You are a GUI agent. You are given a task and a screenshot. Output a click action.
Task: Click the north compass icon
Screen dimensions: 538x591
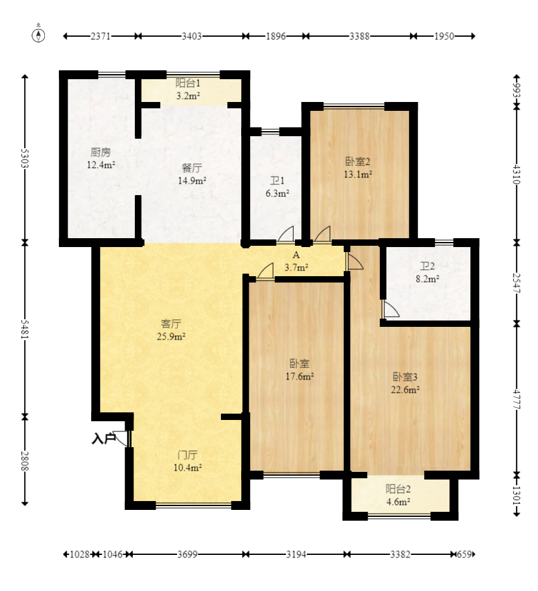pyautogui.click(x=39, y=34)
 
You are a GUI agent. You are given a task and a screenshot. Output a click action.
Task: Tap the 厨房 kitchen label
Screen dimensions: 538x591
pyautogui.click(x=101, y=152)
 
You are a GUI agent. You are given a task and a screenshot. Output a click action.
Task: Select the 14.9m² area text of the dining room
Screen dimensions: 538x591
pyautogui.click(x=192, y=181)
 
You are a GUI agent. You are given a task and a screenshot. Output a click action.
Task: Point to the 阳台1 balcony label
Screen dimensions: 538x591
pyautogui.click(x=188, y=83)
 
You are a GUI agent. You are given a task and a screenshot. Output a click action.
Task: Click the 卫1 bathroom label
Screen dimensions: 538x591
pyautogui.click(x=277, y=181)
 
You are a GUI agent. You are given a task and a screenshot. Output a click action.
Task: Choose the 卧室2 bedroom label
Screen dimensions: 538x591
pyautogui.click(x=358, y=162)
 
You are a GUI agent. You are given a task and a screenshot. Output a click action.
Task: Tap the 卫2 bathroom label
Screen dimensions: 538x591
pyautogui.click(x=427, y=267)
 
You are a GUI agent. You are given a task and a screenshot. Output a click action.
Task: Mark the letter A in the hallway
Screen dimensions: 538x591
pyautogui.click(x=296, y=255)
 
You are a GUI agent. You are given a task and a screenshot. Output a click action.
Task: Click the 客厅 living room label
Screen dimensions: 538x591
pyautogui.click(x=171, y=324)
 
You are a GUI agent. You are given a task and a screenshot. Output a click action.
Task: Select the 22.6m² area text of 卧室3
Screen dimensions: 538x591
pyautogui.click(x=405, y=390)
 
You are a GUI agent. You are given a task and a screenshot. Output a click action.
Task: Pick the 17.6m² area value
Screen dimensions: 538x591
pyautogui.click(x=299, y=376)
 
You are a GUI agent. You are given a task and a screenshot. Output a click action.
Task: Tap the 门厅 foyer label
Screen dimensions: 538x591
pyautogui.click(x=187, y=455)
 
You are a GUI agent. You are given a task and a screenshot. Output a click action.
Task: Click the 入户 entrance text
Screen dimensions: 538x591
pyautogui.click(x=104, y=439)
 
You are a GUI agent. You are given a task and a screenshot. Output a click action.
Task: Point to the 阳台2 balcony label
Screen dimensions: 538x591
pyautogui.click(x=398, y=489)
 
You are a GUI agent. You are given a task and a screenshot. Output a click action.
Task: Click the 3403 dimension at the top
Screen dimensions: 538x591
pyautogui.click(x=192, y=36)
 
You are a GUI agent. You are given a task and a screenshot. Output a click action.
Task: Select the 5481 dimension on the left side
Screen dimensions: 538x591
pyautogui.click(x=25, y=329)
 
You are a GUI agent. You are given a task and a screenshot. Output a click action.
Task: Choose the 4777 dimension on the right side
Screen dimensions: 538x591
pyautogui.click(x=516, y=399)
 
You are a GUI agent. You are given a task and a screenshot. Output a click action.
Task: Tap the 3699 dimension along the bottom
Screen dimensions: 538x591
pyautogui.click(x=187, y=554)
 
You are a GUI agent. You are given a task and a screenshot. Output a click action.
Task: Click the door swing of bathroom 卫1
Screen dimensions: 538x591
pyautogui.click(x=285, y=234)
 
